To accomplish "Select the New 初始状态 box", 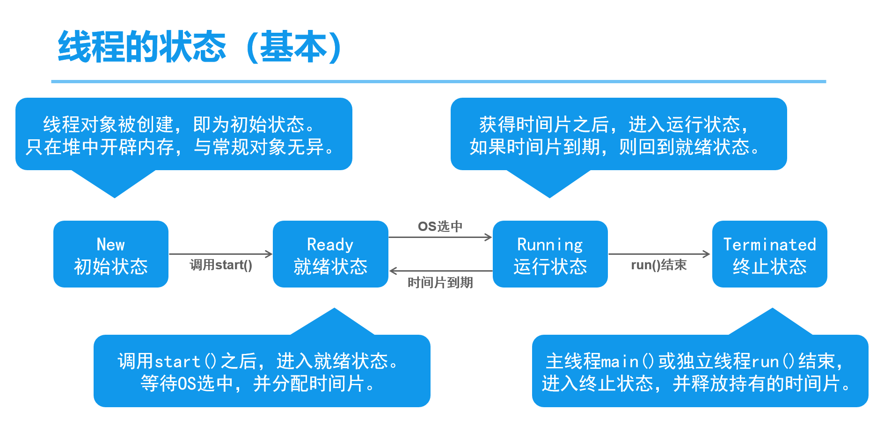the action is point(111,254).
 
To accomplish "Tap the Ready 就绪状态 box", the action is point(330,254).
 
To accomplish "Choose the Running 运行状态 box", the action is point(550,254).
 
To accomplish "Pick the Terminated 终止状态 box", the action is point(770,254).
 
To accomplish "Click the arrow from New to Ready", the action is point(220,254).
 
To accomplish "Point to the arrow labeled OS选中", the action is point(440,237).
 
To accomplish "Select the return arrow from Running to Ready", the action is point(441,271).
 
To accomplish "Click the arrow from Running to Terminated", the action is point(659,254).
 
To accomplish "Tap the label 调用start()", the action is point(221,265).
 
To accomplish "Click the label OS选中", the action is point(440,226).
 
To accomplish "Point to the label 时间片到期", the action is point(440,282).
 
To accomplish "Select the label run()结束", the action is point(659,265).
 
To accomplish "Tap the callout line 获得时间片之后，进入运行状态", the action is point(614,124).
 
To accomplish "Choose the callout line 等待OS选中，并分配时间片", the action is point(258,384).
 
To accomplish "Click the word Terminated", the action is point(770,244).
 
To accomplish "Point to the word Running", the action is point(550,245).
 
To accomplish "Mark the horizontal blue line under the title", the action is point(438,81).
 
